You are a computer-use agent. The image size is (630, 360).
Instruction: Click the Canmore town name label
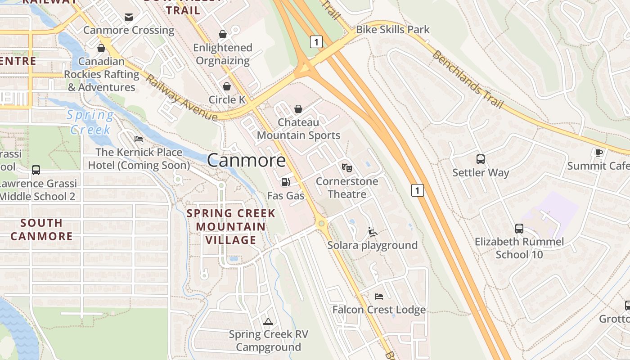click(x=246, y=160)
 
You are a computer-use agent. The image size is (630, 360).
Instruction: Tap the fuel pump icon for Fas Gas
click(x=285, y=182)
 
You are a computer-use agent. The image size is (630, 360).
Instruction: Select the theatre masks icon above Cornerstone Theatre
click(x=346, y=168)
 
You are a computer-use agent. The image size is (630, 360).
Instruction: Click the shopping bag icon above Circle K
click(x=227, y=86)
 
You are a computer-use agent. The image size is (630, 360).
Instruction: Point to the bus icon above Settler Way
click(x=481, y=159)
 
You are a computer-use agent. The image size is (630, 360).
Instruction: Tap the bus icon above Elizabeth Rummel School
click(x=519, y=229)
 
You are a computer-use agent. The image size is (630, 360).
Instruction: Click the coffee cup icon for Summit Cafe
click(x=598, y=153)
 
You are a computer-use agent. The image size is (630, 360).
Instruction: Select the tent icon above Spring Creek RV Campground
click(x=268, y=321)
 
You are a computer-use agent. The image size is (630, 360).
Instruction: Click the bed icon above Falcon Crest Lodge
click(x=379, y=297)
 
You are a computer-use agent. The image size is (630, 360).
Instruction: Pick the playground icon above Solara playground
click(x=372, y=232)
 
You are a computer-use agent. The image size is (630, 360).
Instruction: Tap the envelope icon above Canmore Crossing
click(x=129, y=17)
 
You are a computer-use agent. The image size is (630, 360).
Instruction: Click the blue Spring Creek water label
click(x=90, y=122)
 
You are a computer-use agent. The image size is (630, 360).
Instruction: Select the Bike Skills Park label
click(x=393, y=30)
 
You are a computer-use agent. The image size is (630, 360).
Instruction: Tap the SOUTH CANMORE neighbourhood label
click(x=41, y=229)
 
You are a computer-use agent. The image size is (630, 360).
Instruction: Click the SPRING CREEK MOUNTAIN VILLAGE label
click(x=231, y=226)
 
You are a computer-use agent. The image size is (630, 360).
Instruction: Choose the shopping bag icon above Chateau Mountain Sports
click(x=298, y=109)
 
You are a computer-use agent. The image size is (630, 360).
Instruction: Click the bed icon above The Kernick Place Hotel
click(x=139, y=139)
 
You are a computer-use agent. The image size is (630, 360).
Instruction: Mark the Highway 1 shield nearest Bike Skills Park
click(x=316, y=42)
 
